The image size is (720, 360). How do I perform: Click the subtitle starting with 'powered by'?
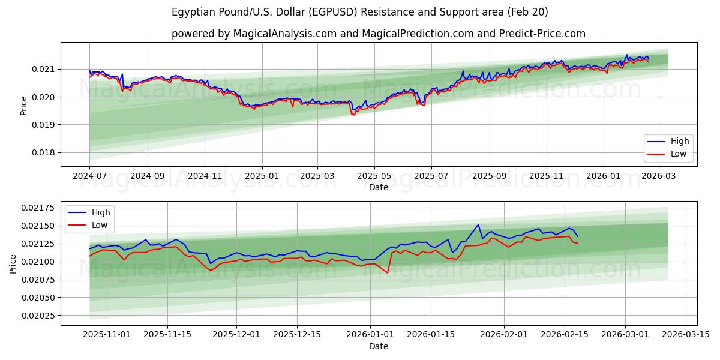378,34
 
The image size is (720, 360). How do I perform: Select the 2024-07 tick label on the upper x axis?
89,176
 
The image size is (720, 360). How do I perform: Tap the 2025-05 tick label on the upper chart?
374,176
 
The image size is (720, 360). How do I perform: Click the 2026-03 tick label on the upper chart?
659,176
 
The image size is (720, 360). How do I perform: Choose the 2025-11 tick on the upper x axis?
546,176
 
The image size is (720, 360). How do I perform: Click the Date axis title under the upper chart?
378,187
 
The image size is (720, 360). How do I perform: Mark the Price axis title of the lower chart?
13,263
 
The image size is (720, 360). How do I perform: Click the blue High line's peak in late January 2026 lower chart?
478,225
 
